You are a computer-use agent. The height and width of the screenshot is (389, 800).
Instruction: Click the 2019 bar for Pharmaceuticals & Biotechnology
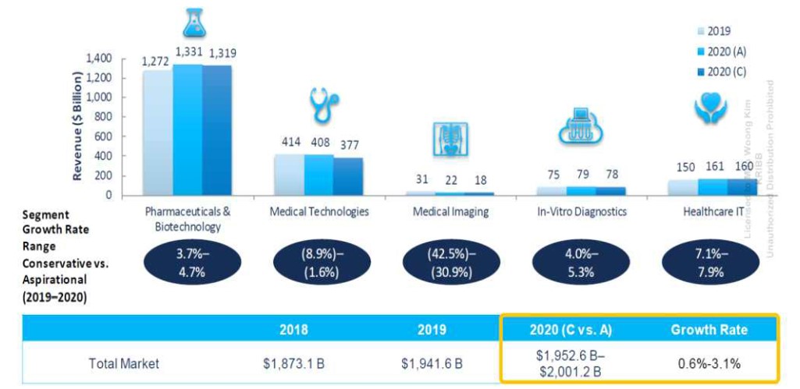click(x=157, y=133)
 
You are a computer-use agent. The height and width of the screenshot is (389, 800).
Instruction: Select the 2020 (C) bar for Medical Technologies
click(x=349, y=176)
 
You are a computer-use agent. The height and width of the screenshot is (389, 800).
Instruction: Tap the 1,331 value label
click(x=187, y=52)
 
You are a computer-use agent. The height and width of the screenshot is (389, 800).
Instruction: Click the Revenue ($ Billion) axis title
click(x=79, y=127)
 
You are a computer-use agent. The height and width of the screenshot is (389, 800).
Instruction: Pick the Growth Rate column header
click(x=709, y=330)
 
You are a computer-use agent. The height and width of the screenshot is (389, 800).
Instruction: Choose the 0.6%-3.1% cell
click(x=709, y=363)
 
